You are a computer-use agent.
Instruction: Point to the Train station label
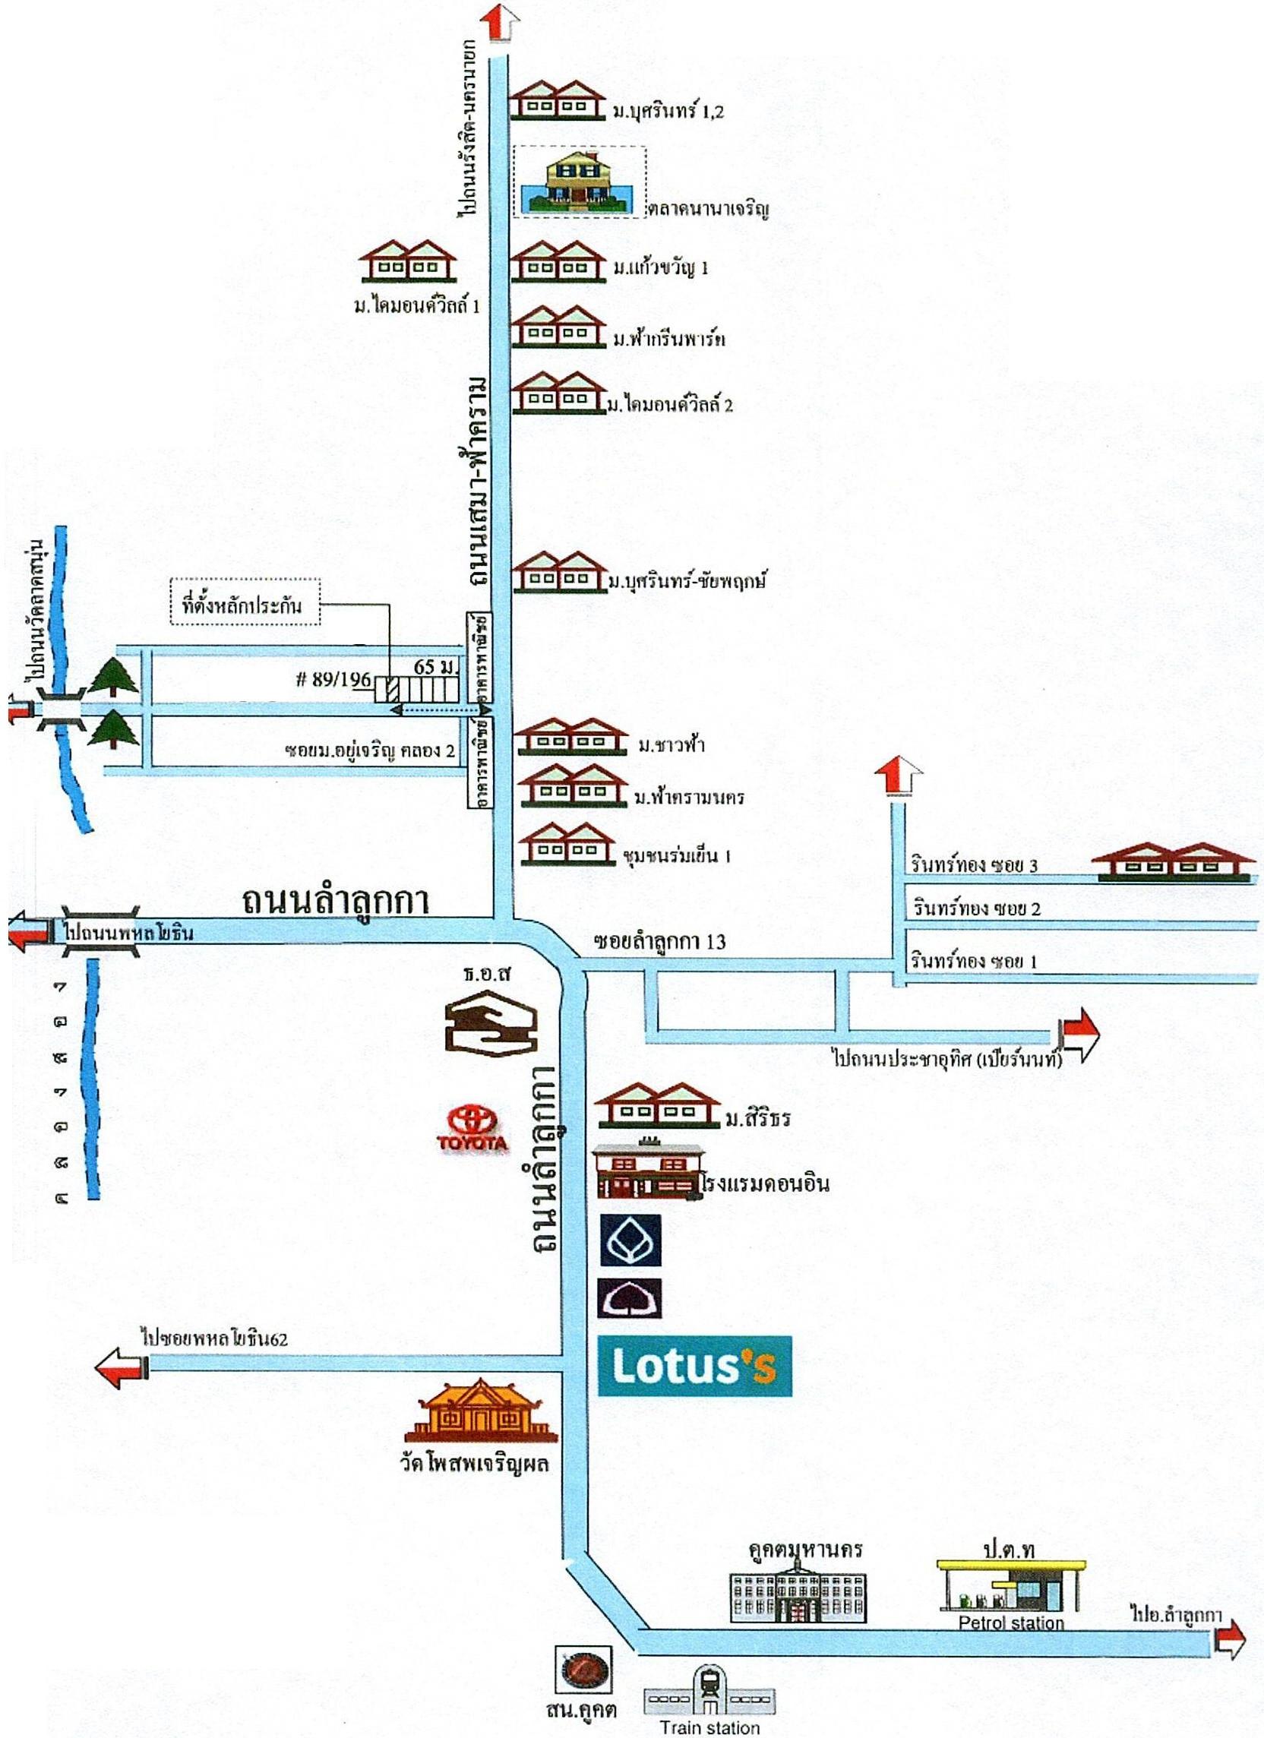pos(710,1728)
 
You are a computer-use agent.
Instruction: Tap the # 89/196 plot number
pos(334,680)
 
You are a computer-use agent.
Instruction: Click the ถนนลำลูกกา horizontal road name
pos(335,899)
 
